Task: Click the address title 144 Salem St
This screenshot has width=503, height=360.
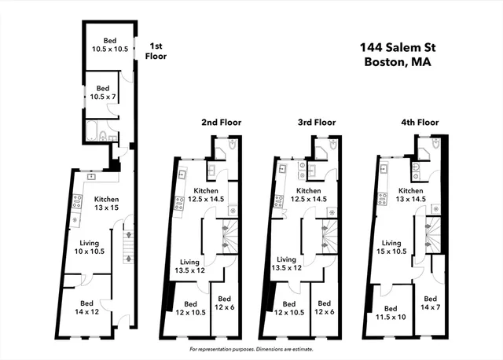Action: (397, 47)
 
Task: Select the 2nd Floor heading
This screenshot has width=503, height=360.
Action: (221, 123)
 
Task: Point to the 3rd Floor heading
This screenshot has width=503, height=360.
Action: (315, 123)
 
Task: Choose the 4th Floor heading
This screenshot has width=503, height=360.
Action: (419, 123)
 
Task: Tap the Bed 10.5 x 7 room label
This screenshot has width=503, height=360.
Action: (102, 93)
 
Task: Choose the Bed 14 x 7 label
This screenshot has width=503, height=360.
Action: (430, 304)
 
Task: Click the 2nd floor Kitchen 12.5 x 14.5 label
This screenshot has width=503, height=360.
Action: (206, 196)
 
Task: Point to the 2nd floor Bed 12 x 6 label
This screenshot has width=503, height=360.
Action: (225, 303)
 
